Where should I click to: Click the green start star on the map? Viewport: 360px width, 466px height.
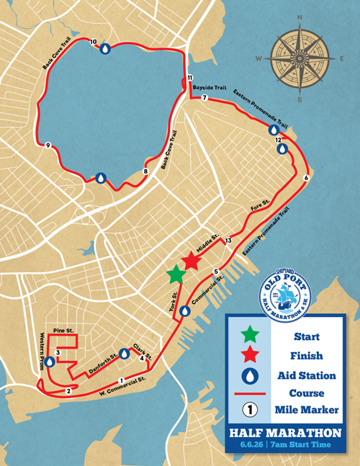[x=175, y=274]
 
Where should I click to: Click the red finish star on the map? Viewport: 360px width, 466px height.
[x=191, y=260]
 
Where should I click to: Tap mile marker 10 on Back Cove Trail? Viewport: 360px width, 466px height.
[x=94, y=42]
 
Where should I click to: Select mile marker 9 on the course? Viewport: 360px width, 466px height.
[x=48, y=145]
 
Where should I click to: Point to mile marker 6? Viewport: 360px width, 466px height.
[x=307, y=178]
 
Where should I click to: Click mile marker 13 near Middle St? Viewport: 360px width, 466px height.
[x=228, y=241]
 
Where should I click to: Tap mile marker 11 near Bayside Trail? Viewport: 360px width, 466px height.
[x=189, y=77]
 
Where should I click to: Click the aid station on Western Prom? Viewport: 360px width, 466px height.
[x=50, y=363]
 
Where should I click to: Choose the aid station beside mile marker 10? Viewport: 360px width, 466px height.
[x=105, y=49]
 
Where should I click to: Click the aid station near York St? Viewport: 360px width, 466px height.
[x=185, y=311]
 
